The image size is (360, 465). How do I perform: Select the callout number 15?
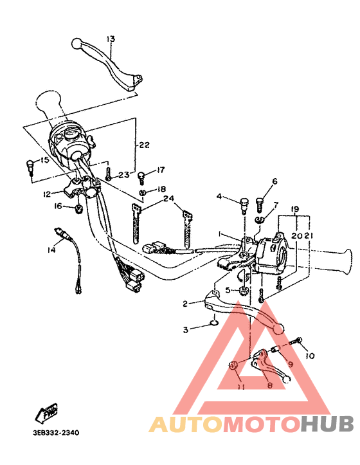pos(44,160)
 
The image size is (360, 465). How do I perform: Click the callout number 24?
pos(168,199)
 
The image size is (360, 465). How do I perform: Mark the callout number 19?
pos(295,210)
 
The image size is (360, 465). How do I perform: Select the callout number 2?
pos(184,304)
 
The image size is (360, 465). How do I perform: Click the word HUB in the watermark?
pos(327,424)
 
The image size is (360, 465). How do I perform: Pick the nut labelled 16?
pos(78,209)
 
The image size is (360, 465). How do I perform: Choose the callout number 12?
pos(47,194)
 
